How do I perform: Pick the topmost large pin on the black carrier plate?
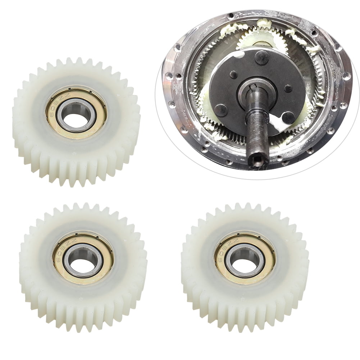pyautogui.click(x=262, y=57)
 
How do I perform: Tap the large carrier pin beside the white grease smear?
pyautogui.click(x=288, y=117)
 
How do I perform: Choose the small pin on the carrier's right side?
pyautogui.click(x=288, y=88)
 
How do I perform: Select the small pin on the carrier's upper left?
pyautogui.click(x=234, y=75)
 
